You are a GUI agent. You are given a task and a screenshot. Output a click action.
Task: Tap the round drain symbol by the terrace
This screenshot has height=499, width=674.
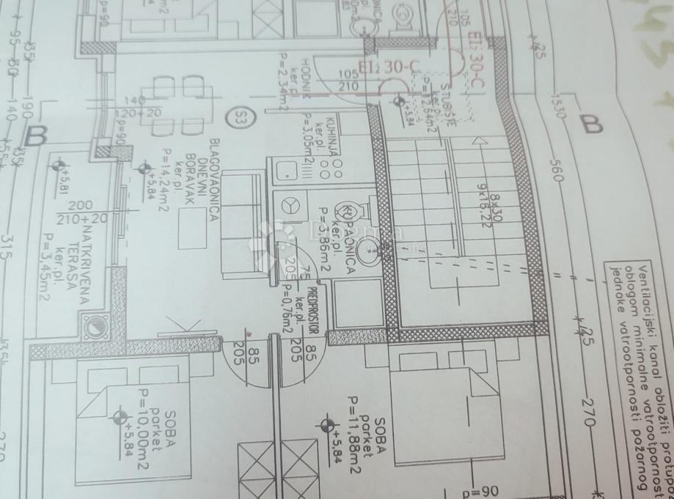[95, 326]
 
